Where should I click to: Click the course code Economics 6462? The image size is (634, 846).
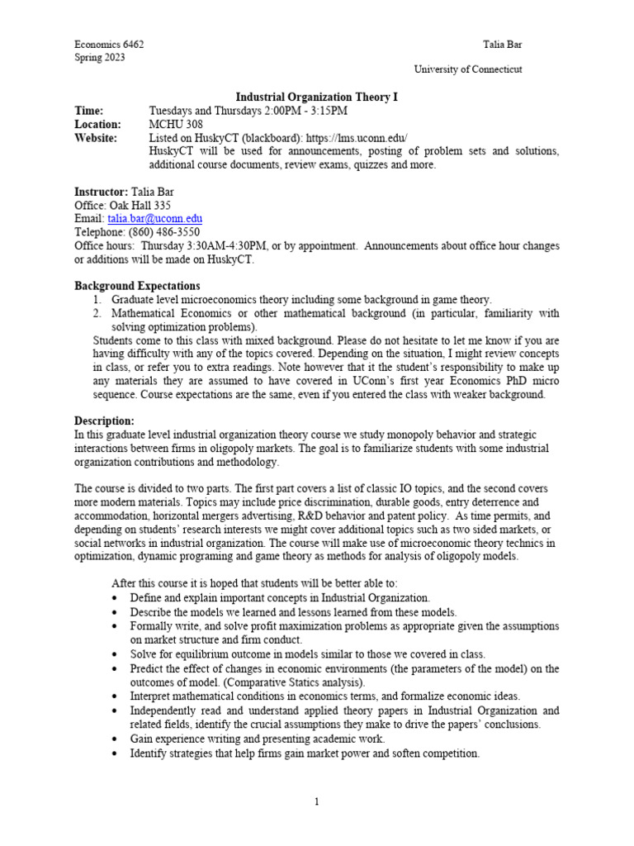click(109, 45)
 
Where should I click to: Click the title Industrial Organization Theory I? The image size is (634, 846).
click(317, 97)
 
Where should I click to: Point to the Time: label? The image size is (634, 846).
click(89, 111)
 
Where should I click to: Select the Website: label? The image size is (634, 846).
click(96, 137)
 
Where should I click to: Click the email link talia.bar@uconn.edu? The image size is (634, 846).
click(154, 219)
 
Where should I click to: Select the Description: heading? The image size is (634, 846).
click(104, 421)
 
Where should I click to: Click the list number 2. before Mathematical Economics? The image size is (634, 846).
click(97, 313)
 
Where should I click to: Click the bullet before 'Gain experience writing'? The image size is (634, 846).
click(113, 738)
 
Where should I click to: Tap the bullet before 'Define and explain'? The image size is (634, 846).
click(113, 597)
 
